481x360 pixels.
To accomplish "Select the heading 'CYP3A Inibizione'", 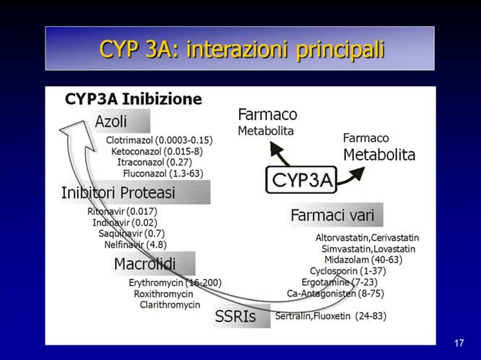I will point(134,98).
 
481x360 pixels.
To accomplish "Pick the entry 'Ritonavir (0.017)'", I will point(122,211).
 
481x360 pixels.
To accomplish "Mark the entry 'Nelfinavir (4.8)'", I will point(135,244).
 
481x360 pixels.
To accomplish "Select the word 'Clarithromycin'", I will point(170,305).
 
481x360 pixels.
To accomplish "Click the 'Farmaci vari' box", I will point(337,215).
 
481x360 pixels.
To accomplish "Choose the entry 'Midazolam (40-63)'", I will point(364,260).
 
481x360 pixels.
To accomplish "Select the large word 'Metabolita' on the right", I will point(379,155).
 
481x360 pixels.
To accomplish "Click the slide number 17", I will point(459,343).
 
